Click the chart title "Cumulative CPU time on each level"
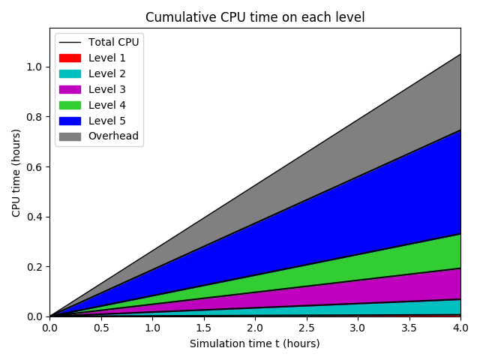click(255, 17)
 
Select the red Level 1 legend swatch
click(70, 58)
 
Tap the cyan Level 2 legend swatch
click(70, 73)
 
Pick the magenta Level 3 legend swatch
click(70, 89)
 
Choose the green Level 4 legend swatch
click(70, 105)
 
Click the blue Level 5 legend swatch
click(70, 121)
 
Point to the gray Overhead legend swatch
click(70, 136)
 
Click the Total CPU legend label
click(113, 42)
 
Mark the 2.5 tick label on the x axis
click(307, 328)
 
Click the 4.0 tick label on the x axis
click(460, 328)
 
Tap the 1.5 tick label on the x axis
click(204, 328)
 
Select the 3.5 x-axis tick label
click(409, 328)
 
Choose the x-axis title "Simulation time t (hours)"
click(255, 343)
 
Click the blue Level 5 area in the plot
click(375, 187)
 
